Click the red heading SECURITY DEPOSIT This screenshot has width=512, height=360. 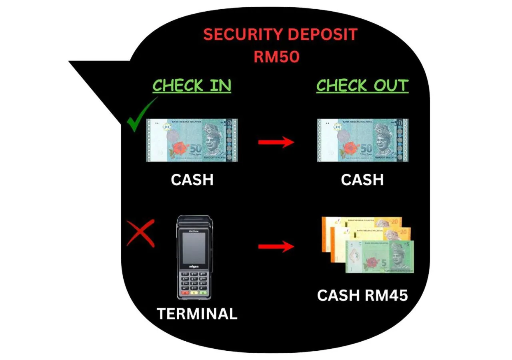tap(280, 35)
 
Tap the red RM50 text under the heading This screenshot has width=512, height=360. tap(276, 57)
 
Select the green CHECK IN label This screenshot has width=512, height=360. tap(192, 86)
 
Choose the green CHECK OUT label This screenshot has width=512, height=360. tap(362, 86)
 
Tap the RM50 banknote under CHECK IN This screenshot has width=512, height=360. tap(192, 140)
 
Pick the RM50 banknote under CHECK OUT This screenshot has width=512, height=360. tap(362, 140)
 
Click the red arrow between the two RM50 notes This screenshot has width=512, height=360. tap(276, 142)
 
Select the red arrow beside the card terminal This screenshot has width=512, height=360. tap(276, 246)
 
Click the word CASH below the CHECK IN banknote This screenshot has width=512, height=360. tap(192, 180)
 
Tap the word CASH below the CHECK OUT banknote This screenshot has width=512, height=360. tap(362, 180)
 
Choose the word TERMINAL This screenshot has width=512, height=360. tap(197, 314)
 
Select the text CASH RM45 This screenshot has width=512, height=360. tap(362, 296)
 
